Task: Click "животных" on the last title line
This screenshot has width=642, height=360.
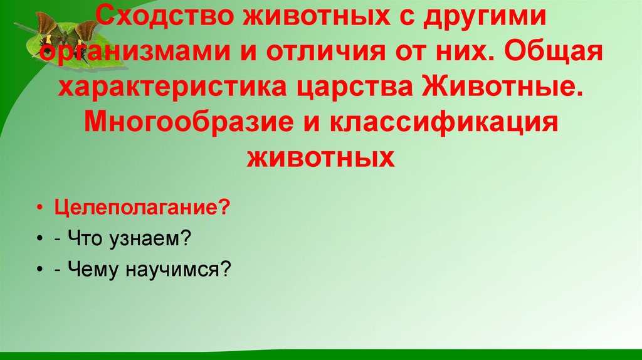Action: (x=321, y=156)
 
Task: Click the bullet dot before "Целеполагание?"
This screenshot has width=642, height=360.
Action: (x=40, y=208)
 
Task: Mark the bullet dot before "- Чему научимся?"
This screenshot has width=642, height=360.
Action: (x=40, y=271)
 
